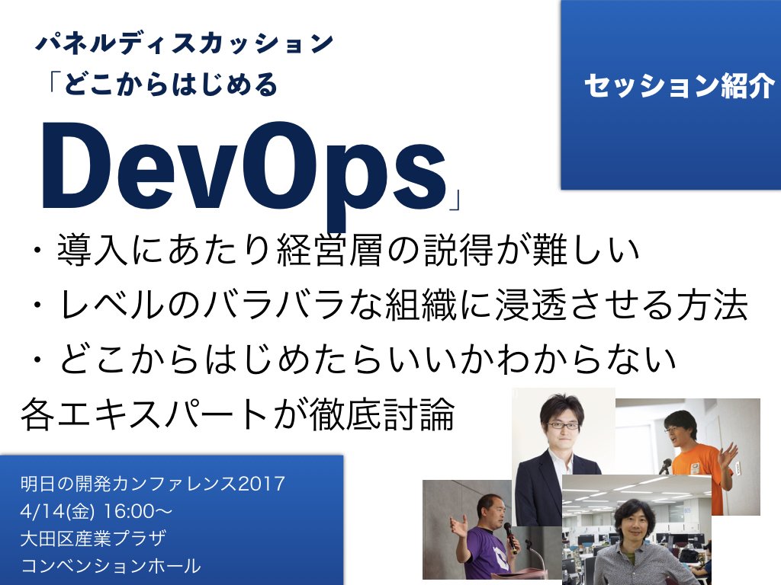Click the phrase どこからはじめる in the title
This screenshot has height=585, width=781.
[x=171, y=84]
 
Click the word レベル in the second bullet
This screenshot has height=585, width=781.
[x=111, y=305]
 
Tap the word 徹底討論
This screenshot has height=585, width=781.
[x=383, y=414]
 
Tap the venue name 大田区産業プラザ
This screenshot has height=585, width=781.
[x=94, y=539]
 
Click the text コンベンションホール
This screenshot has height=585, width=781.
[x=111, y=566]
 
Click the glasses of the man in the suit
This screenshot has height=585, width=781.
[x=563, y=426]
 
